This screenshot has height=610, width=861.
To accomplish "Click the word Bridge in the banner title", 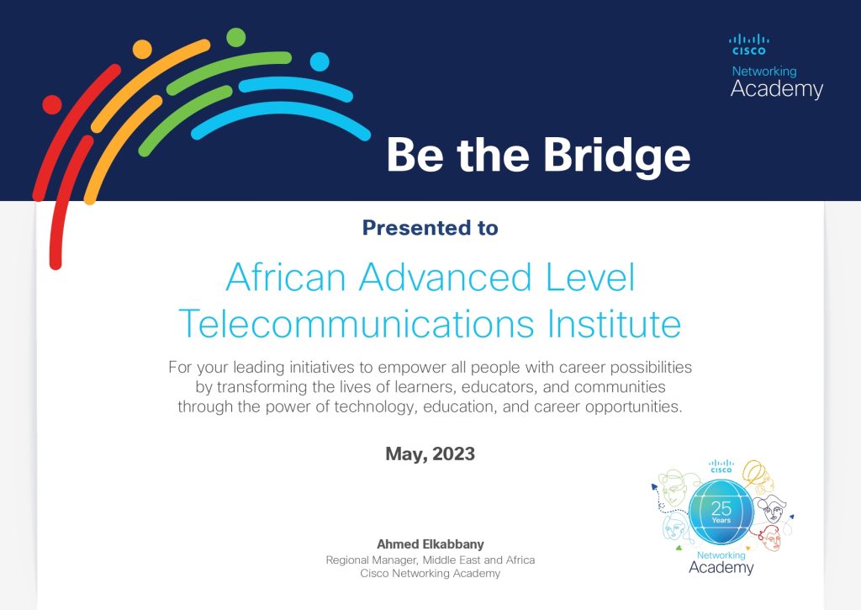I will click(x=616, y=155).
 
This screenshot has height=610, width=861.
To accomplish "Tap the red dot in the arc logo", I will click(x=52, y=104).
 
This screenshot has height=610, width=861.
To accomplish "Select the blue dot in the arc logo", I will click(x=320, y=61).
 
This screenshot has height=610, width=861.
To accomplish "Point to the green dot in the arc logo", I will click(x=236, y=37).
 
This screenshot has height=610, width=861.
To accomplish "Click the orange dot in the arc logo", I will click(x=142, y=49).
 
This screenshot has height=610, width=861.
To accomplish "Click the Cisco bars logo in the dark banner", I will click(x=748, y=44).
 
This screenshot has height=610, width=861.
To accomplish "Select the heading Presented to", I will click(x=430, y=227).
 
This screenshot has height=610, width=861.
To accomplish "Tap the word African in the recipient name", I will click(x=286, y=278).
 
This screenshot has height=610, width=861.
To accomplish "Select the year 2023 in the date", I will click(x=456, y=454).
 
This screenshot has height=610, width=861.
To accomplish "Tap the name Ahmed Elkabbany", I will click(x=430, y=544).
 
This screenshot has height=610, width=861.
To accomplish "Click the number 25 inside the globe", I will click(x=721, y=508).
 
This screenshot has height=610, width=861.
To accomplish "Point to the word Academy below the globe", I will click(x=721, y=568).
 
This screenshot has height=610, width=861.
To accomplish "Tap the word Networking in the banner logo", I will click(x=763, y=72).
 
